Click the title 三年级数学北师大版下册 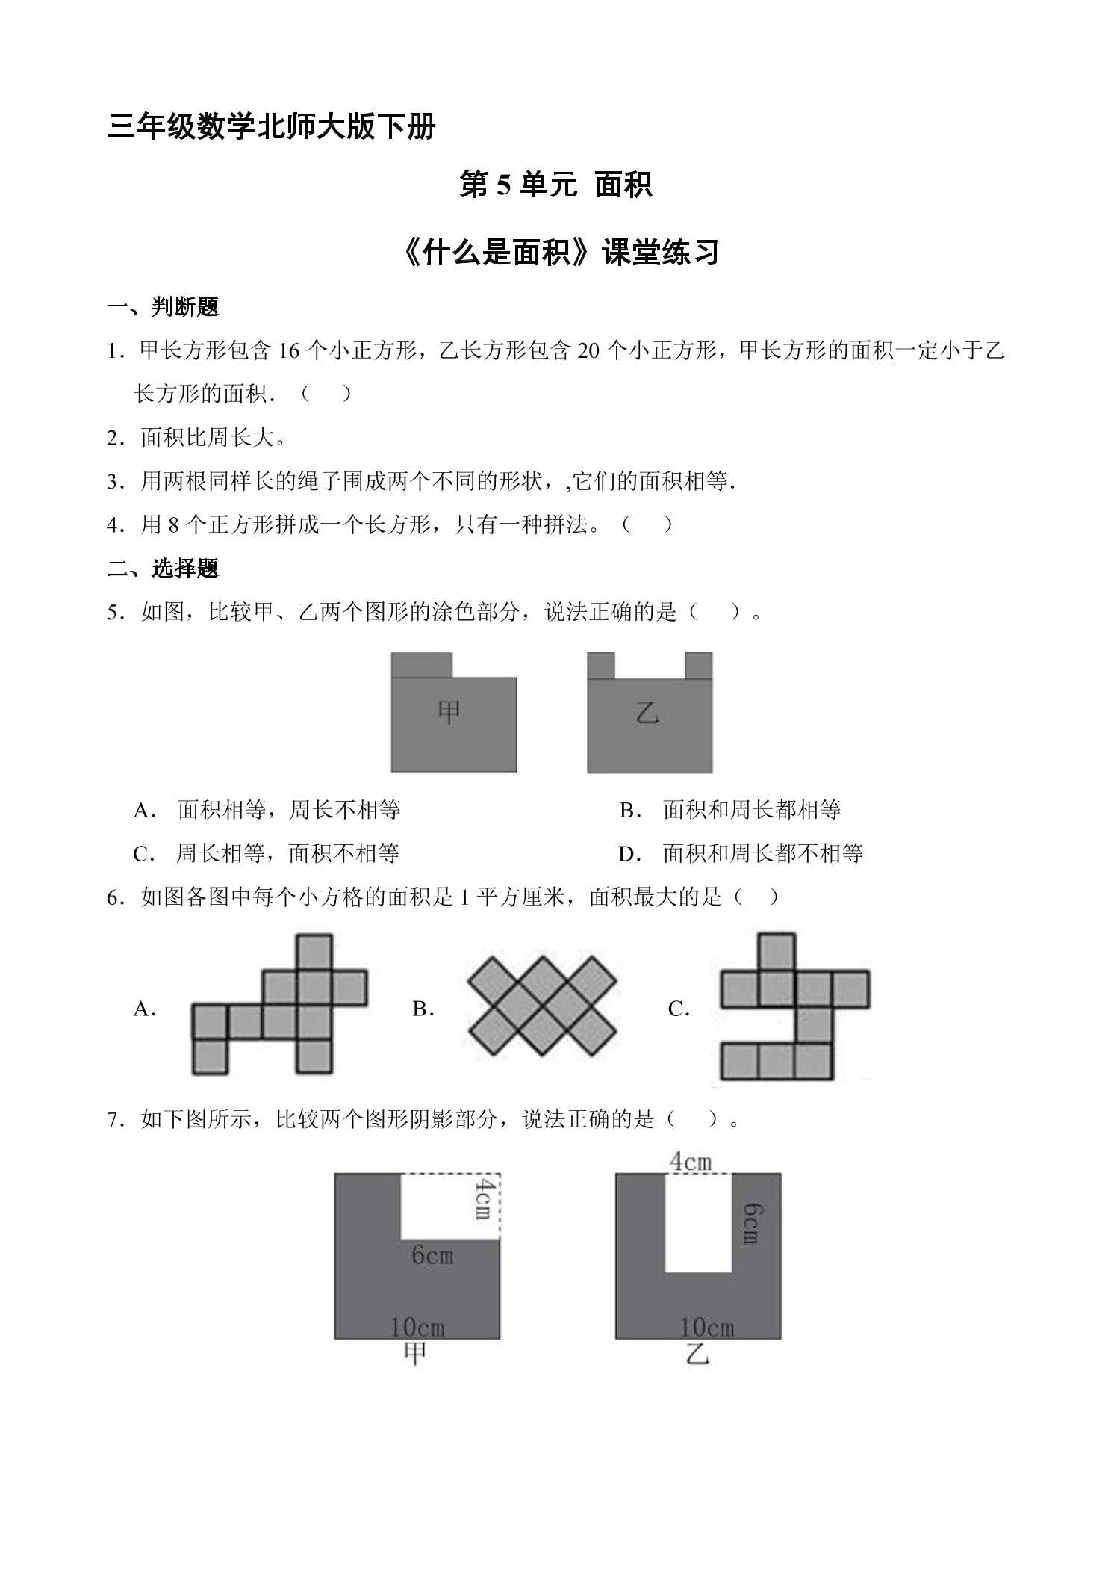[x=272, y=126]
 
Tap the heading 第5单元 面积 [x=555, y=185]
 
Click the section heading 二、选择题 [x=163, y=569]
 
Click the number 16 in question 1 [x=288, y=351]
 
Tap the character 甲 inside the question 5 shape [x=449, y=712]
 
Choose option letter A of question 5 [x=144, y=810]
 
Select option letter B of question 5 [x=630, y=810]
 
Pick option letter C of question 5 [x=143, y=854]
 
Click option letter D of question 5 [x=630, y=854]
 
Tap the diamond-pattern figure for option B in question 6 [x=543, y=1007]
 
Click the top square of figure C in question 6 [x=777, y=952]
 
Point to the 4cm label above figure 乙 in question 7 [x=690, y=1161]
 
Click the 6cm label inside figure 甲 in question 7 [x=432, y=1254]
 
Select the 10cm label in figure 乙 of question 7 [x=706, y=1327]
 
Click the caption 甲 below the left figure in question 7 [x=415, y=1354]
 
